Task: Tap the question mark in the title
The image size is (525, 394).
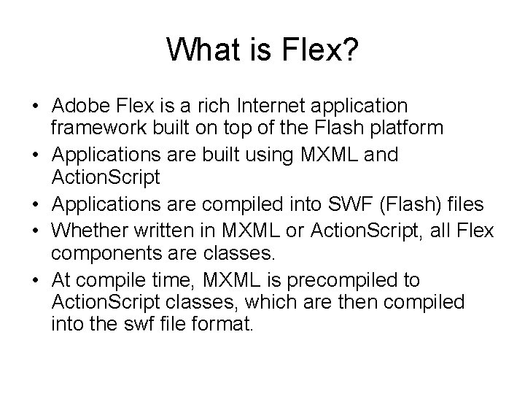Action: (349, 50)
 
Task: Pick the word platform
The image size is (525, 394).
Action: (391, 128)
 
